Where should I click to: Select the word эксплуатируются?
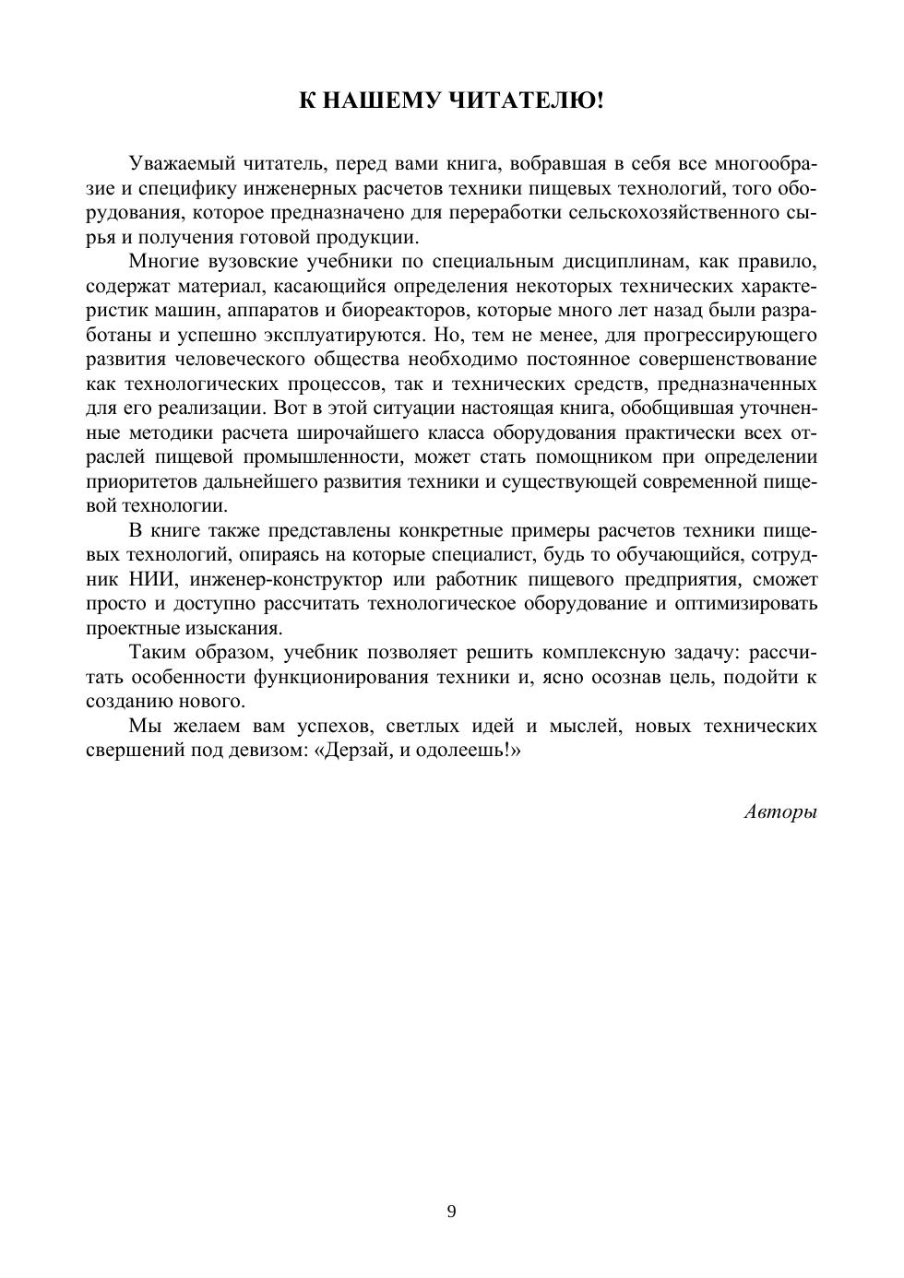point(335,335)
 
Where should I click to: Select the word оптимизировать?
point(743,604)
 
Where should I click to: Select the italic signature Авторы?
point(780,812)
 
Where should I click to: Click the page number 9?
point(451,1212)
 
